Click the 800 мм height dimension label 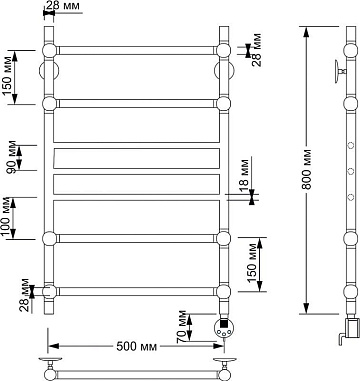(306, 170)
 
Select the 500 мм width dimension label (136, 347)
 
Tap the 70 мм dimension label (182, 327)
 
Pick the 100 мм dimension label (7, 218)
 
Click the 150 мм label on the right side (252, 263)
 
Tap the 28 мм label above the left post (63, 5)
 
